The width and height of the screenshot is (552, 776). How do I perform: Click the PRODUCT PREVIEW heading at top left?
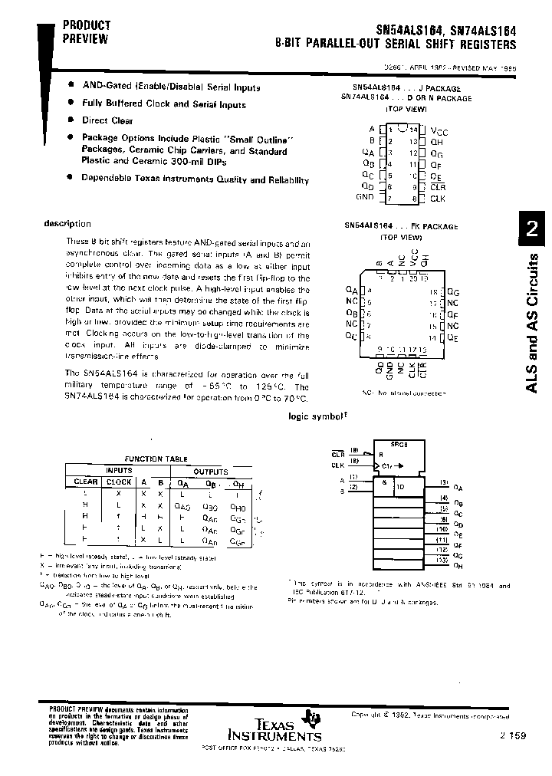86,31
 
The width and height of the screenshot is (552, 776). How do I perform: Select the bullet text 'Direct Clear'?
107,120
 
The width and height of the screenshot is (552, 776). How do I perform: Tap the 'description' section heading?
67,224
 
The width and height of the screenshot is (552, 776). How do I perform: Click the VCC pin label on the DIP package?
440,131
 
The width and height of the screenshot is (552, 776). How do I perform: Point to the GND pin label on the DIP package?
365,197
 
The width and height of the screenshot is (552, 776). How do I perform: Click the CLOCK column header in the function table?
120,482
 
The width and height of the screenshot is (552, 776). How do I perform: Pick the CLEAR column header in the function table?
85,482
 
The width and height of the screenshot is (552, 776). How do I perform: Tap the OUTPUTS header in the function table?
210,471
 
